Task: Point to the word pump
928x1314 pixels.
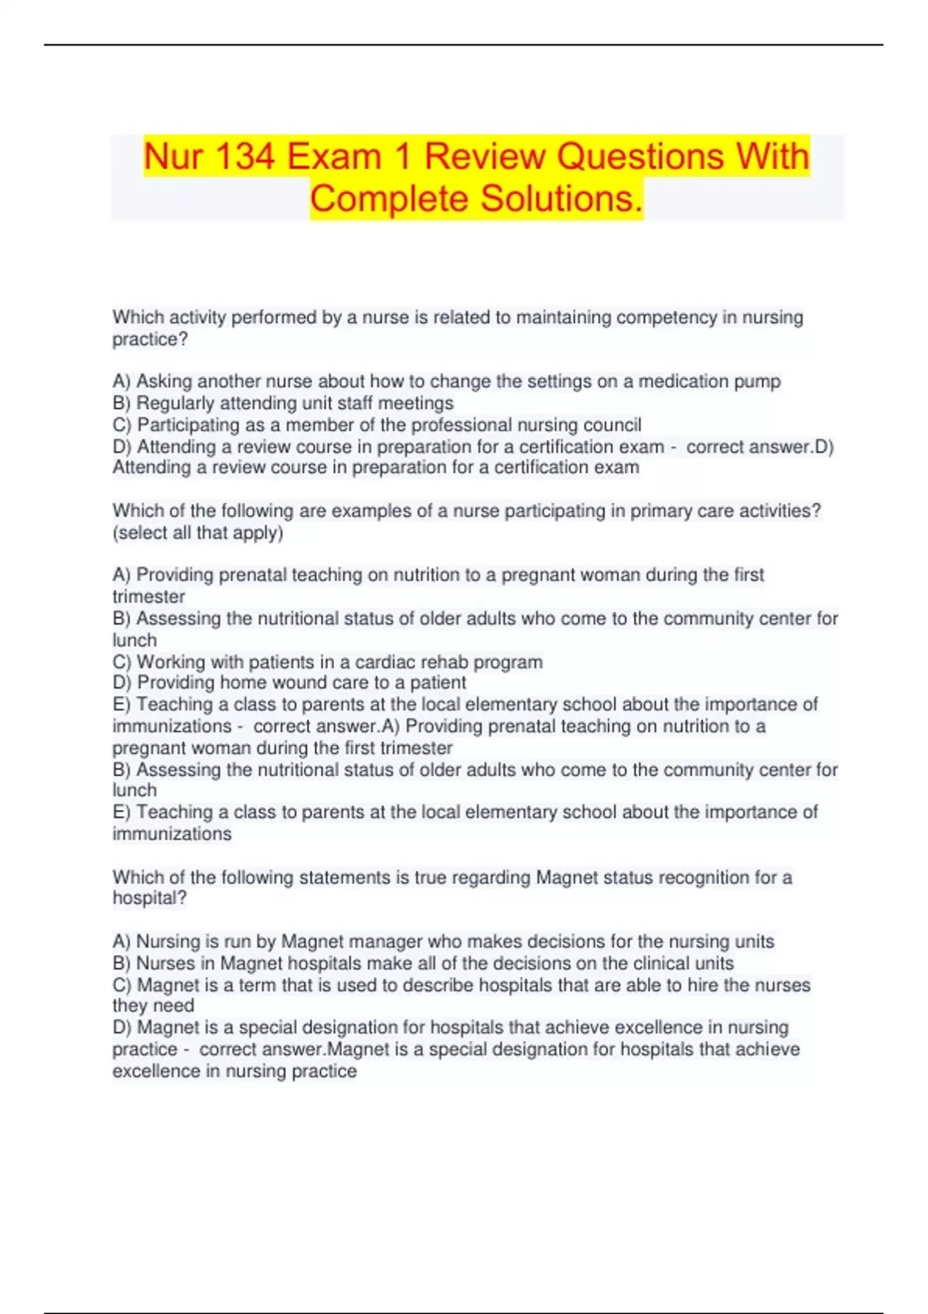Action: (759, 382)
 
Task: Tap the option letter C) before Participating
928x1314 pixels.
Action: (122, 425)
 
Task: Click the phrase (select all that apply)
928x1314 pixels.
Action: (198, 533)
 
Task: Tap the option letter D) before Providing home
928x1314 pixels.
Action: (122, 683)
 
